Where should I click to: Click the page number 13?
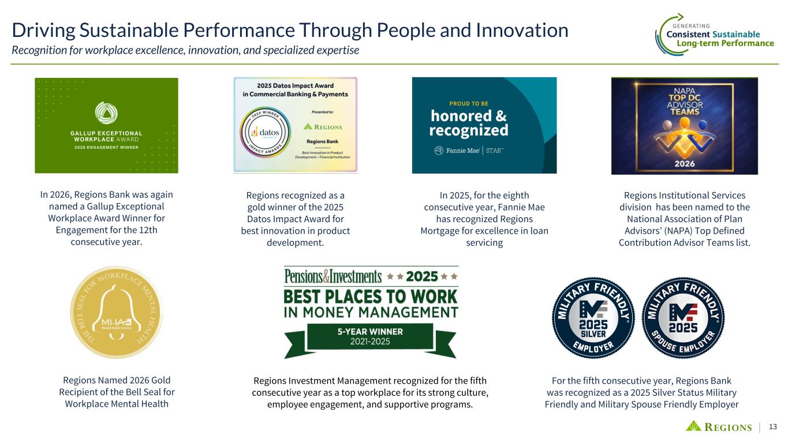pos(772,426)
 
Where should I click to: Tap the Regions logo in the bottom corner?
pos(718,426)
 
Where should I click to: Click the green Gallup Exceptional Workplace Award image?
pos(106,126)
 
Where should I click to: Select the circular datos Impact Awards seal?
pos(265,133)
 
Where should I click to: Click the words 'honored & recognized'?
pos(469,123)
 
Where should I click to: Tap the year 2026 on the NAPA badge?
pos(685,163)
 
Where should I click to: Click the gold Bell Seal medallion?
pos(116,312)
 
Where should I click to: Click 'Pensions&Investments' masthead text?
pos(333,276)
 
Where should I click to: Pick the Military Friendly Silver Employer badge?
pos(593,318)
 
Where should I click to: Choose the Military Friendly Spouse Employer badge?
pos(683,318)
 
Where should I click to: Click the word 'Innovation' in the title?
pos(522,30)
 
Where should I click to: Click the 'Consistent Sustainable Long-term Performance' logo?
pos(715,35)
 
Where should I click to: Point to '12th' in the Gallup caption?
pos(148,230)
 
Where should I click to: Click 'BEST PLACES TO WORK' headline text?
pos(370,296)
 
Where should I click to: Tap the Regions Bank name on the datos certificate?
pos(322,141)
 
